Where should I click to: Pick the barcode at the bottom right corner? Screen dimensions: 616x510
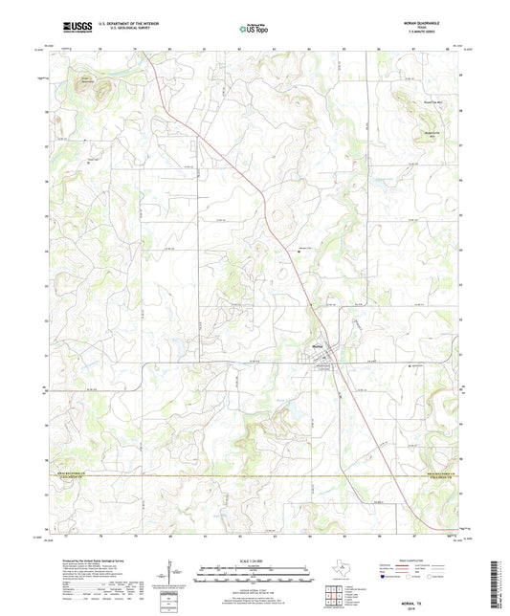(x=497, y=582)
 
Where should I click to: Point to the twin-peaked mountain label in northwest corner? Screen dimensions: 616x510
(x=88, y=78)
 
